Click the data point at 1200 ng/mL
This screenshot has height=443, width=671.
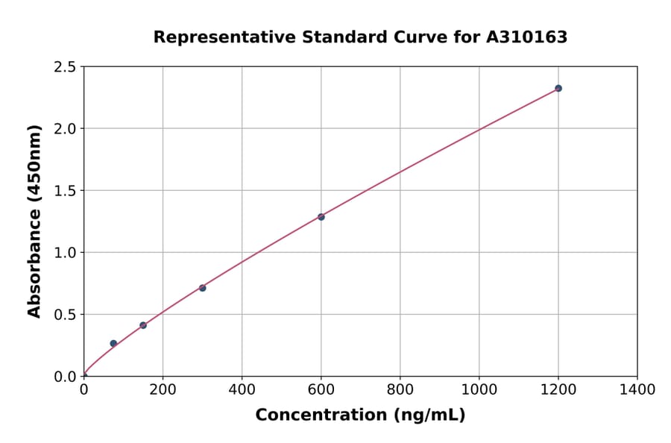[558, 88]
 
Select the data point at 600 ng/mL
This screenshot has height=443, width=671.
[321, 217]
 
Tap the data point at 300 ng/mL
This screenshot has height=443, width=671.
[202, 288]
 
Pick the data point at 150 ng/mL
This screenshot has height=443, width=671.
[143, 325]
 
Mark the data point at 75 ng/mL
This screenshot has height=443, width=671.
[113, 344]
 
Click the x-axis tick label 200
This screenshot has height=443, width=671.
[163, 389]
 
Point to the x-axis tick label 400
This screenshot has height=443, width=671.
[242, 389]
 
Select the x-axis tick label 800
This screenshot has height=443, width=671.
[400, 389]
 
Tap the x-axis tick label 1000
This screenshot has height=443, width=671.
[479, 389]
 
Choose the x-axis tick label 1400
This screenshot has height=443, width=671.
[637, 389]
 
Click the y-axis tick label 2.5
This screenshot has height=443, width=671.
[65, 67]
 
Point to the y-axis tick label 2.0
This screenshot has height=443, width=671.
[65, 129]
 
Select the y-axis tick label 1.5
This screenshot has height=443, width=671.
[65, 191]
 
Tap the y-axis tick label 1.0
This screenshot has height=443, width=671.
[65, 253]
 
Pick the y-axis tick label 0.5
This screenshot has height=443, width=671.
[65, 315]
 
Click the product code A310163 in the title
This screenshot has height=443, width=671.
[527, 37]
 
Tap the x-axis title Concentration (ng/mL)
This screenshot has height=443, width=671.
[360, 415]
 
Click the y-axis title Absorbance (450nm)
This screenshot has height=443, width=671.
[34, 221]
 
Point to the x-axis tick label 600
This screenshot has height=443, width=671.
[321, 389]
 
